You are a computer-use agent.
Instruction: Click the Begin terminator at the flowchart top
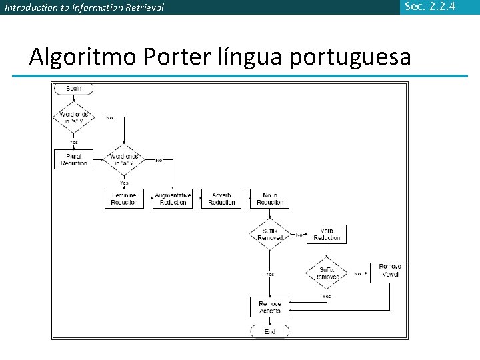pyautogui.click(x=73, y=89)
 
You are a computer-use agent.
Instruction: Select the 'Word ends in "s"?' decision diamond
pyautogui.click(x=73, y=118)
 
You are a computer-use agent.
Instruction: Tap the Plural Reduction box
pyautogui.click(x=73, y=160)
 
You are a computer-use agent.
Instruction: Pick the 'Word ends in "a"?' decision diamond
pyautogui.click(x=125, y=160)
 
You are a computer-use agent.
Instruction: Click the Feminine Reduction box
pyautogui.click(x=124, y=199)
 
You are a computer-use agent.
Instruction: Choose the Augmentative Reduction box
pyautogui.click(x=173, y=199)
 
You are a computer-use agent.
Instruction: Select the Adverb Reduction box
pyautogui.click(x=221, y=199)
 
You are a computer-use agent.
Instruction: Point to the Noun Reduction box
pyautogui.click(x=270, y=199)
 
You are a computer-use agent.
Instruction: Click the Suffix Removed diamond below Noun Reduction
pyautogui.click(x=270, y=234)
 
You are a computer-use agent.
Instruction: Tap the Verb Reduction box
pyautogui.click(x=327, y=234)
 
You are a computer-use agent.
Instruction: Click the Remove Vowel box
pyautogui.click(x=391, y=270)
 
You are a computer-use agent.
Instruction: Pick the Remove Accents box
pyautogui.click(x=270, y=307)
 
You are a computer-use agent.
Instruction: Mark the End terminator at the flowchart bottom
pyautogui.click(x=270, y=331)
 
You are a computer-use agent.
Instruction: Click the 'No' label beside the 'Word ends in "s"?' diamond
pyautogui.click(x=109, y=118)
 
